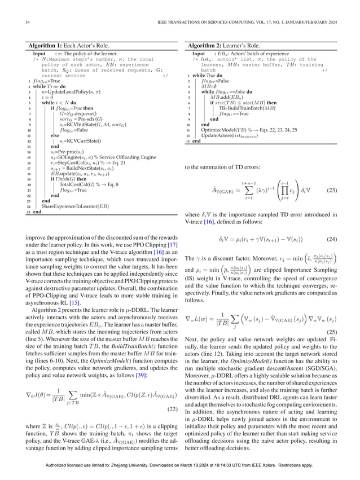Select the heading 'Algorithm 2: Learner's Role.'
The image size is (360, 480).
pyautogui.click(x=223, y=44)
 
